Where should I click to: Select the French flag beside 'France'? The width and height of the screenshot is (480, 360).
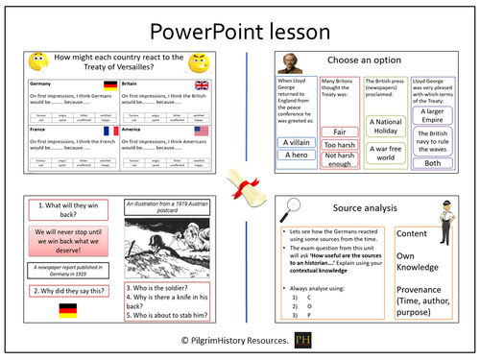tap(111, 131)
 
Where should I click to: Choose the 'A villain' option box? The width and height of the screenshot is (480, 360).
tap(296, 142)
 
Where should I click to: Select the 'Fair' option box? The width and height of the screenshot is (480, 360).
tap(340, 132)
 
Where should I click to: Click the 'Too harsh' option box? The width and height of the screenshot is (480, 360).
tap(340, 145)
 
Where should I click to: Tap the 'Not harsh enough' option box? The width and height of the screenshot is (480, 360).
tap(340, 159)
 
